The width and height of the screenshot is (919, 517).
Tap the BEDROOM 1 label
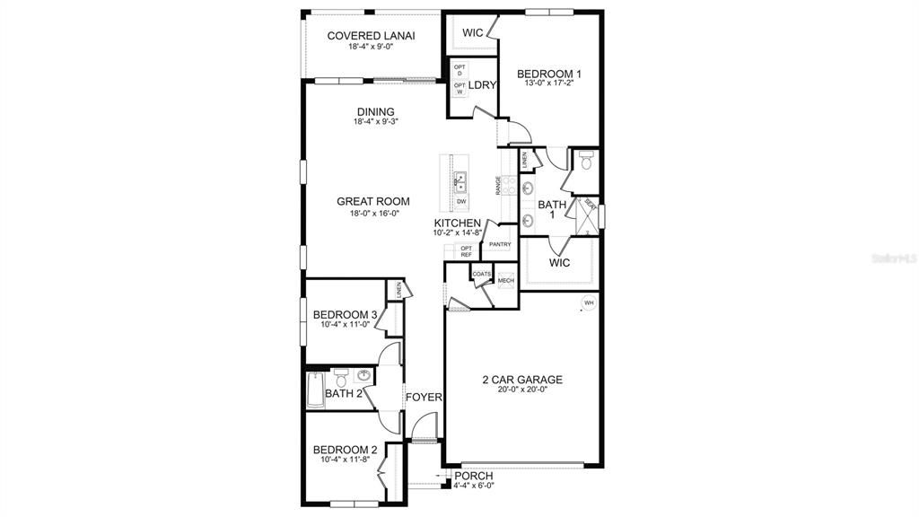(x=550, y=74)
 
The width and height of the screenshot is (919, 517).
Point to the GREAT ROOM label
(x=373, y=201)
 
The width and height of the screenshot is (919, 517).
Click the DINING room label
(x=374, y=112)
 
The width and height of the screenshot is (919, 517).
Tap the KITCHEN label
(x=458, y=223)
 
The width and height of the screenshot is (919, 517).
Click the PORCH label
(x=474, y=476)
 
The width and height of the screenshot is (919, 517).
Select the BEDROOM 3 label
(x=345, y=314)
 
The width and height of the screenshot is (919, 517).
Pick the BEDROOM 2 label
(x=345, y=450)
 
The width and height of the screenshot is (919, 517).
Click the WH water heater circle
(x=589, y=302)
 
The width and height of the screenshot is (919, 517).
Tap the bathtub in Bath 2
(x=314, y=390)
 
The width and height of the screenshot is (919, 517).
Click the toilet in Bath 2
(x=339, y=377)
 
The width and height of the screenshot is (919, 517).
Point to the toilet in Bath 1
(x=585, y=162)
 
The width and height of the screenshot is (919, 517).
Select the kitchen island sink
(x=459, y=182)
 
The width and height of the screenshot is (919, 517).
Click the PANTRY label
(x=500, y=244)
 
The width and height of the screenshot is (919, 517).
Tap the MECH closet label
(x=505, y=280)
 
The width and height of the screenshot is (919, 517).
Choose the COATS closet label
(x=482, y=274)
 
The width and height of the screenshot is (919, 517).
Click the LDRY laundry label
(x=483, y=85)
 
